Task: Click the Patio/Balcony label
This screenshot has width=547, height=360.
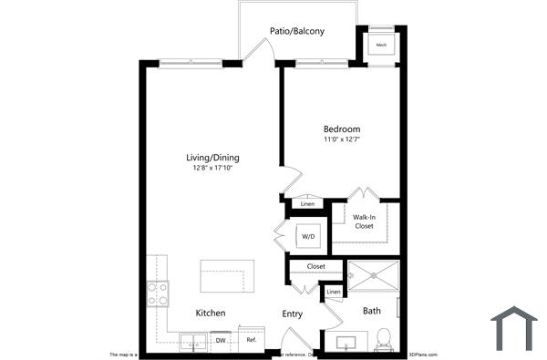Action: coord(296,31)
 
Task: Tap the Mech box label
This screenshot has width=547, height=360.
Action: coord(379,46)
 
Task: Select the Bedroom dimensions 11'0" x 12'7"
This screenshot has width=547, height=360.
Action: coord(342,139)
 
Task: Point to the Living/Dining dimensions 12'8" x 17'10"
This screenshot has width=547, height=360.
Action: coord(212,169)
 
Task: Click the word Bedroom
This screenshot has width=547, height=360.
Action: coord(342,129)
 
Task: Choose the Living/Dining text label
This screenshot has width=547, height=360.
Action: coord(212,158)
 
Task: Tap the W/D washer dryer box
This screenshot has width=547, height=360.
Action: coord(308,238)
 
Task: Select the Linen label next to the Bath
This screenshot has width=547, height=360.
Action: coord(334,292)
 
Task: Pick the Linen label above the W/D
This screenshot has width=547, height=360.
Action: coord(307,203)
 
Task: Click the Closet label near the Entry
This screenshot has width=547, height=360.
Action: coord(315,266)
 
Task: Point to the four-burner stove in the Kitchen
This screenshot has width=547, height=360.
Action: coord(158,293)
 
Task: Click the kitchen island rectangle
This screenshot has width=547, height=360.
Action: coord(228,275)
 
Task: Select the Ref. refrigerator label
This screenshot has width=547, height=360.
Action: coord(251,340)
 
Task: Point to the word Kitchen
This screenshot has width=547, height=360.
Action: coord(211,314)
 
